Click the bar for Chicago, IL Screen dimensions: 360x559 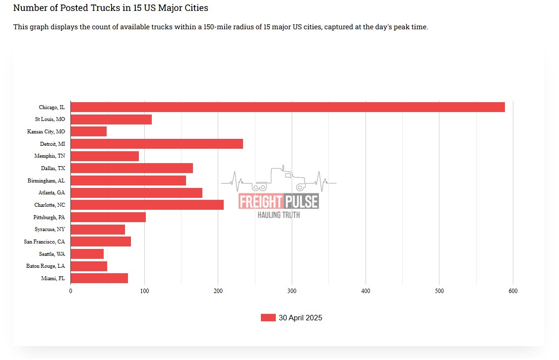pos(288,107)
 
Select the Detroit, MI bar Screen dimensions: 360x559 pos(157,144)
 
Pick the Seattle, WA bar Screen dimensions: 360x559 pos(87,254)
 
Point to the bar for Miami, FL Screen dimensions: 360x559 pos(99,278)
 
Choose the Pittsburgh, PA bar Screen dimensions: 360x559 pos(108,217)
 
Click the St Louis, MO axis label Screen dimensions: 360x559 pos(50,120)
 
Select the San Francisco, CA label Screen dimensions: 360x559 pos(44,241)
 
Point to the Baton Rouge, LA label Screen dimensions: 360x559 pos(45,266)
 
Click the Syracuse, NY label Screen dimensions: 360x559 pos(50,230)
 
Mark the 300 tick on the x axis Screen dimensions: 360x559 pos(292,291)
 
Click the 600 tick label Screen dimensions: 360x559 pos(513,291)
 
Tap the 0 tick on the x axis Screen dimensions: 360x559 pos(70,291)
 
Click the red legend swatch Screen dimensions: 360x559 pos(268,318)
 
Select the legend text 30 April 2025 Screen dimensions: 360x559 pos(300,318)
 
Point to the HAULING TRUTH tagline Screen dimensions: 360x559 pos(278,215)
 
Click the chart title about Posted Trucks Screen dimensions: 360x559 pos(111,8)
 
